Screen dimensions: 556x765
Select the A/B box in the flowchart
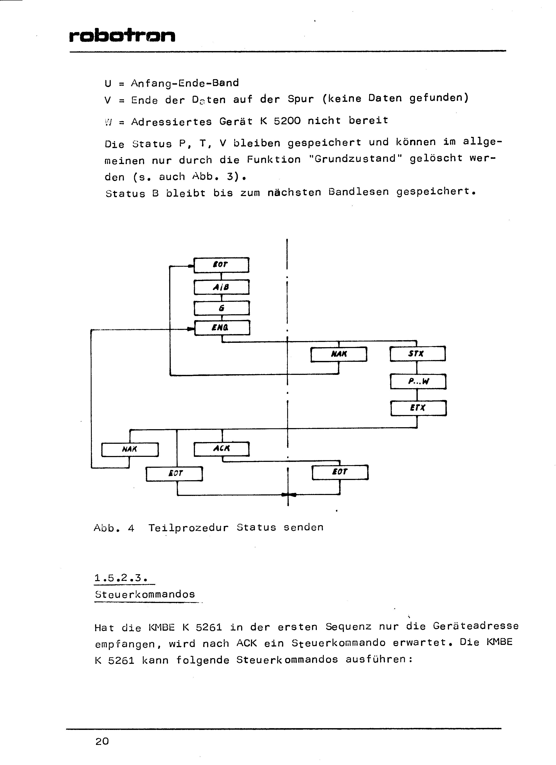coord(222,287)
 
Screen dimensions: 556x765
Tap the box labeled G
coord(222,308)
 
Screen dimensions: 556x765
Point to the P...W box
coord(418,381)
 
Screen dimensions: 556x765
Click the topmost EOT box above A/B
coord(222,265)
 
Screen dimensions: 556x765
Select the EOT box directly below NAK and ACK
coord(174,474)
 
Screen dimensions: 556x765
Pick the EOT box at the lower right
coord(340,472)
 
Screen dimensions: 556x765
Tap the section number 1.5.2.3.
coord(121,578)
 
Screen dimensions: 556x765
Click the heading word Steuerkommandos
coord(145,594)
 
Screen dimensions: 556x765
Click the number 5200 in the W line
coord(287,121)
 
